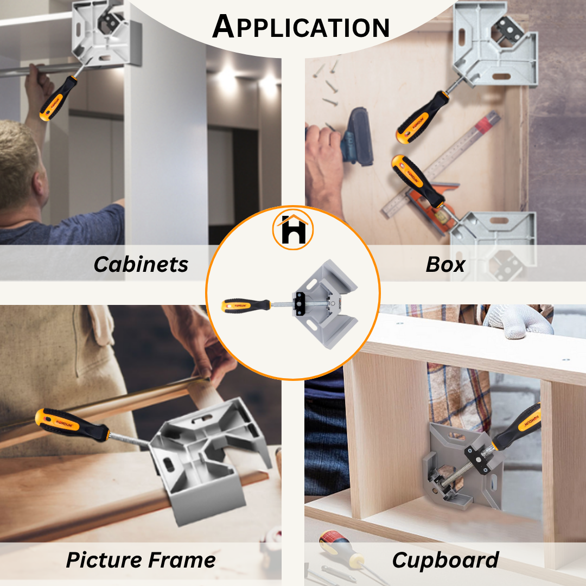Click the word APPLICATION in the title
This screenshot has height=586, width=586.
tap(301, 27)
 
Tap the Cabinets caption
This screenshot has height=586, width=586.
tap(141, 265)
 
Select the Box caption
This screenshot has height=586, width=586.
tap(445, 265)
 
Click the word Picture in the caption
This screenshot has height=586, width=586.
tap(104, 560)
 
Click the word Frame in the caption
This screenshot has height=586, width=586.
tap(182, 560)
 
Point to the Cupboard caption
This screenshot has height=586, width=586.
tap(445, 560)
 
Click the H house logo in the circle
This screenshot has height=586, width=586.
tap(293, 230)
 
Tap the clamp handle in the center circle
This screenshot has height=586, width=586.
tap(246, 305)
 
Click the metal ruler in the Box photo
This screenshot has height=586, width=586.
tap(441, 164)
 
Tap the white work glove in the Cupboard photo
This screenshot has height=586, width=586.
tap(519, 320)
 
